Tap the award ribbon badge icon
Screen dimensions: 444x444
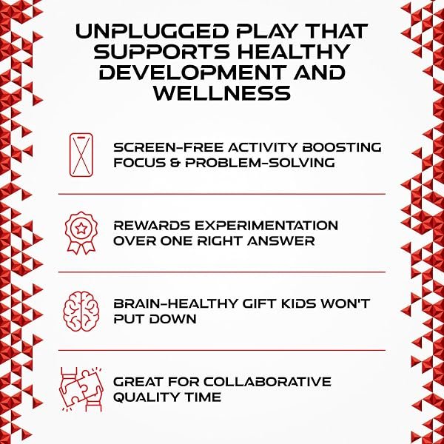click(x=81, y=232)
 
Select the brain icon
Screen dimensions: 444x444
click(x=81, y=312)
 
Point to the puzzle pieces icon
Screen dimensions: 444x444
click(x=81, y=389)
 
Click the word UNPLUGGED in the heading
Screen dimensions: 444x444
click(x=152, y=31)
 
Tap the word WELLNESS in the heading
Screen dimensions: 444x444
click(x=222, y=93)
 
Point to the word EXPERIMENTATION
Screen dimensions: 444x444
click(x=266, y=226)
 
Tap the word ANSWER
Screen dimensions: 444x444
click(x=281, y=241)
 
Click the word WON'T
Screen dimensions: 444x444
click(x=345, y=303)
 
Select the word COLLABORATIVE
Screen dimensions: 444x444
click(x=267, y=382)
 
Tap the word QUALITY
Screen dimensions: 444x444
click(x=147, y=397)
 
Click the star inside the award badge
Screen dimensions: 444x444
click(x=81, y=227)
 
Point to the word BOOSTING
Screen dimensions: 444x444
click(x=342, y=147)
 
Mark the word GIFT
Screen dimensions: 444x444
click(x=259, y=303)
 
